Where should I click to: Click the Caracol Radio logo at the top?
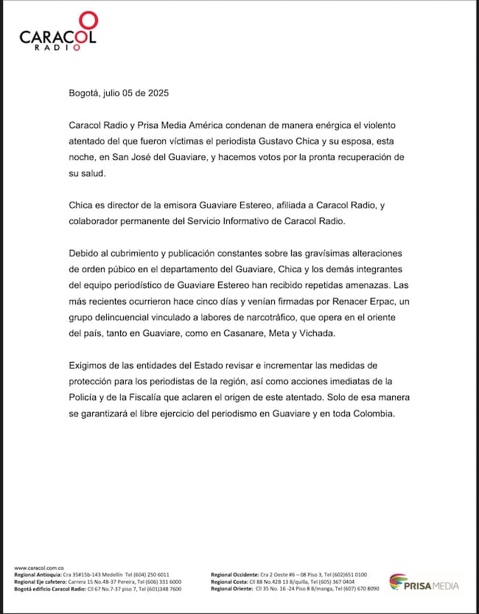57,32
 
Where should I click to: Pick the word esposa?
411,141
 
